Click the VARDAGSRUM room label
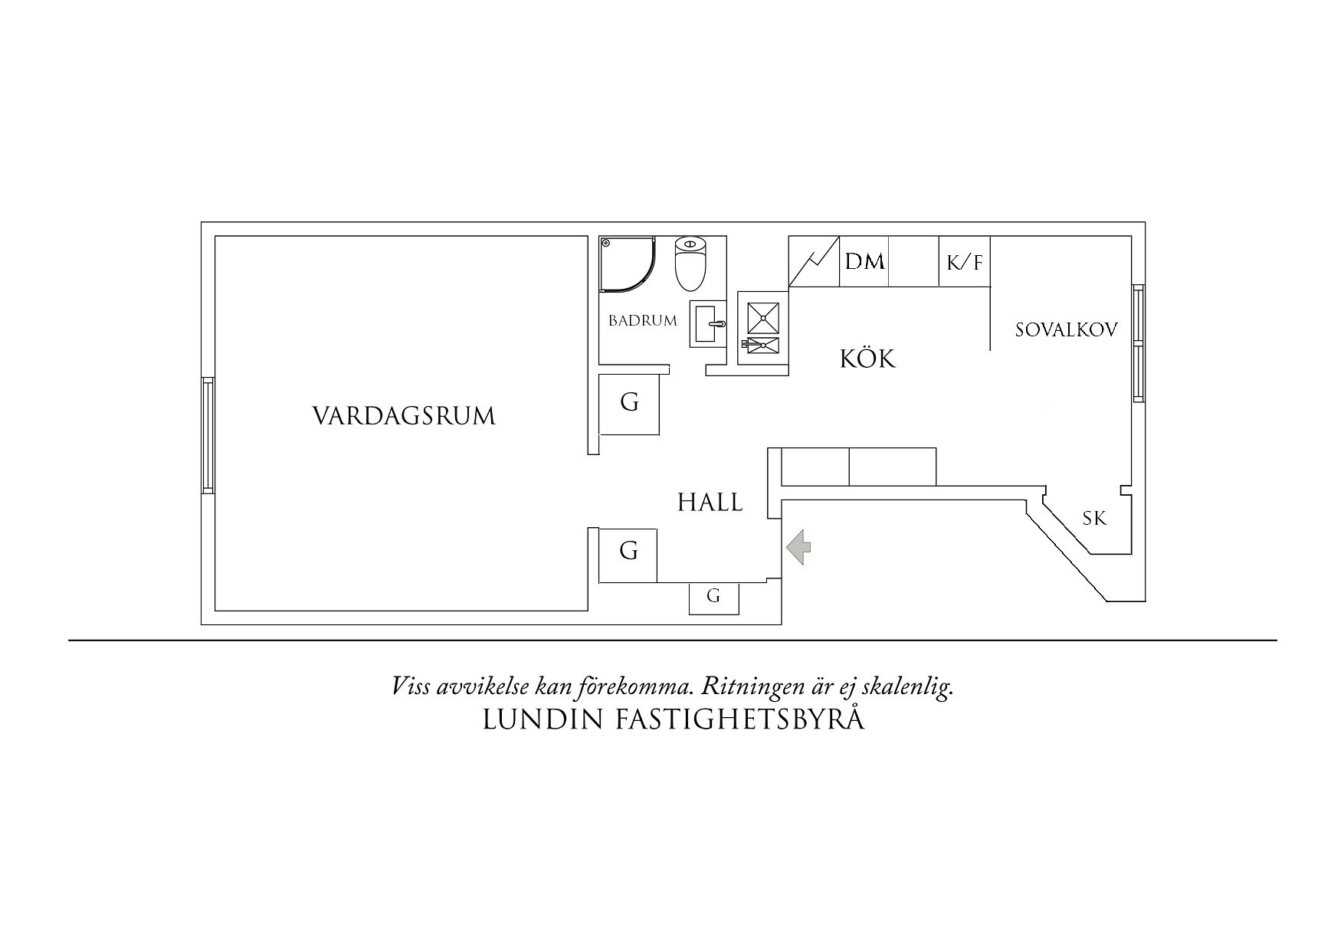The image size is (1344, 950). pos(404,416)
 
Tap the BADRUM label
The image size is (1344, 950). pos(642,321)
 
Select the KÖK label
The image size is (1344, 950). pos(867,359)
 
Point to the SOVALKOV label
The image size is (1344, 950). pos(1066,330)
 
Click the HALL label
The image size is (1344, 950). pos(710,503)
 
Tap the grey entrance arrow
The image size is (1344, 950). pos(799,547)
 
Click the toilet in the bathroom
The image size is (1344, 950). pos(690,264)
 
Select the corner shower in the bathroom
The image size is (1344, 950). pos(626,264)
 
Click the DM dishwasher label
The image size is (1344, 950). pos(864,262)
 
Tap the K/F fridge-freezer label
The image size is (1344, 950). pos(964,264)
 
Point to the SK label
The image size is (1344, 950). pos(1094,519)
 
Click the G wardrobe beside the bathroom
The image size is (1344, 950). pos(629,403)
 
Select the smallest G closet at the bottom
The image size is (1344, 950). pos(713,597)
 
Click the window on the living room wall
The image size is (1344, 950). pos(207,435)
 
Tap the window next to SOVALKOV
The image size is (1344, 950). pos(1139,343)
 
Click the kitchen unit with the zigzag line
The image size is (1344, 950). pos(815,262)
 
